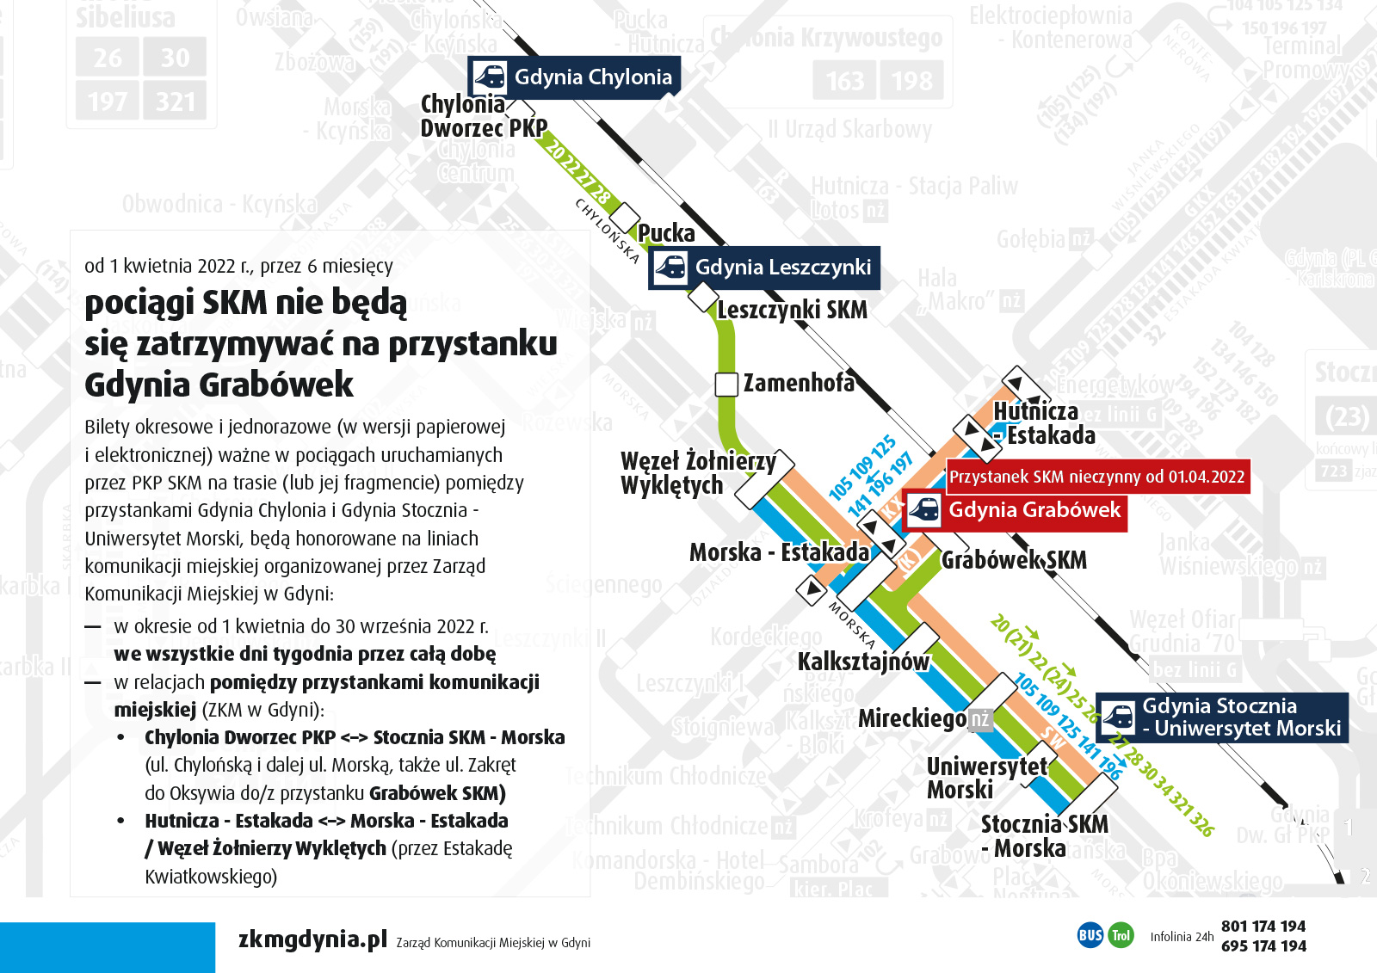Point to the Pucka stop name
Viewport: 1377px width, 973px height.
666,233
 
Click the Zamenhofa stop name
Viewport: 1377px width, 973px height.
799,383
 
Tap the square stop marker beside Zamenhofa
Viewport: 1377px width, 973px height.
726,385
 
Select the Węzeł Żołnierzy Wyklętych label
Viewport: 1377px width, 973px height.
697,473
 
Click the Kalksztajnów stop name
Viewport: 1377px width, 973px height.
862,662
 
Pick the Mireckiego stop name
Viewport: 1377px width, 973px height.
912,718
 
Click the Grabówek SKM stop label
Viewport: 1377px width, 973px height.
1014,561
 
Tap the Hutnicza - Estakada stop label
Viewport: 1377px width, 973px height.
1043,423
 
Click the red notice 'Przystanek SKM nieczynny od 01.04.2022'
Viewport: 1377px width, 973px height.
1096,477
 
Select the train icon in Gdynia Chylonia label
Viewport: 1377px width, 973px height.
490,77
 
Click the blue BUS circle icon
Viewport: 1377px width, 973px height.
1090,935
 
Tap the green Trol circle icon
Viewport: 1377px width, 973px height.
1121,935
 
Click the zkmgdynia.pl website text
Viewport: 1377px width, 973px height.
312,939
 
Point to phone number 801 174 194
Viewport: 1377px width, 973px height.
1263,927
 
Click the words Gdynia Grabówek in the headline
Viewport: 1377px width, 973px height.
219,385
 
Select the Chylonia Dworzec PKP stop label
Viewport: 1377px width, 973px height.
483,116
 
